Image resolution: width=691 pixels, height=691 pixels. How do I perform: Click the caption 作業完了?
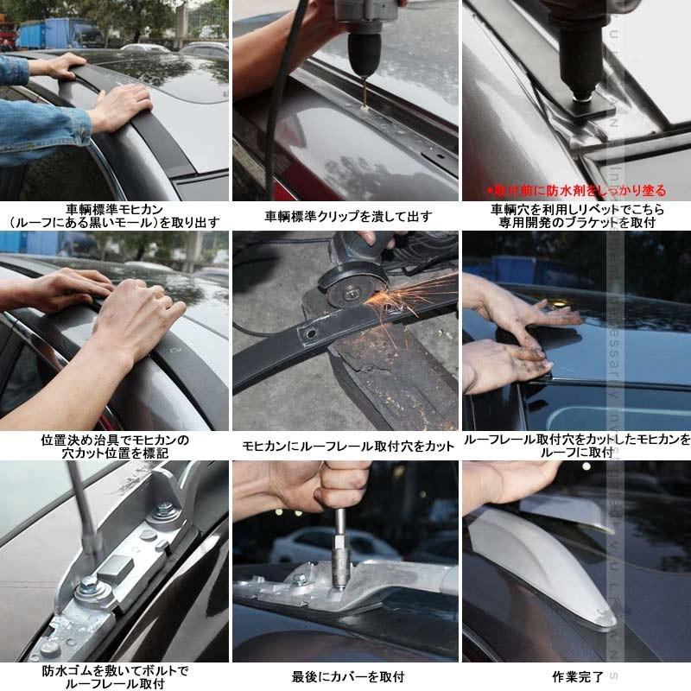tap(576, 676)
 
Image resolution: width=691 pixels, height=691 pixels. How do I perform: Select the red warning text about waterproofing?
tap(575, 191)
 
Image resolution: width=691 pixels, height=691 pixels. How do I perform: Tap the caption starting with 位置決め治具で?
tap(115, 446)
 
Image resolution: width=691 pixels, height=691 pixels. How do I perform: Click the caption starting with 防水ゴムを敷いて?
tap(115, 676)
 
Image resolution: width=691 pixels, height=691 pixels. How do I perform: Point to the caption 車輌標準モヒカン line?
tap(115, 208)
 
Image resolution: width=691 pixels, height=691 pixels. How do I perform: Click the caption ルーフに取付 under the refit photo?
tap(577, 452)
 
